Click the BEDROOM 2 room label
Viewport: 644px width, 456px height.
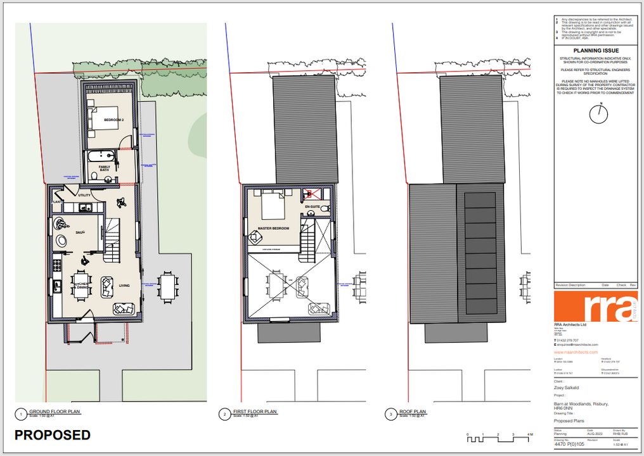(114, 120)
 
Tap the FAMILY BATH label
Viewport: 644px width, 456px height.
(104, 168)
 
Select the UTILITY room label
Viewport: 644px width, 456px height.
(85, 196)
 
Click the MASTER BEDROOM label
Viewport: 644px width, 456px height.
(273, 228)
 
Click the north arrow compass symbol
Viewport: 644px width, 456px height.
(597, 114)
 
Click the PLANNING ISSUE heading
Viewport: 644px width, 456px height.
(596, 51)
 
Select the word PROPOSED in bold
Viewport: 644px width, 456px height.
(53, 435)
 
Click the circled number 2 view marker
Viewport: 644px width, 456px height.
(224, 415)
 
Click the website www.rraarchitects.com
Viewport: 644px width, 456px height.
(576, 352)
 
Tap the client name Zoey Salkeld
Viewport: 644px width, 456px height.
(567, 388)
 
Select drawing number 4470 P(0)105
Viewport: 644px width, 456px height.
(569, 445)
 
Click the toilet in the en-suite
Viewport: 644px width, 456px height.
(324, 208)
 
